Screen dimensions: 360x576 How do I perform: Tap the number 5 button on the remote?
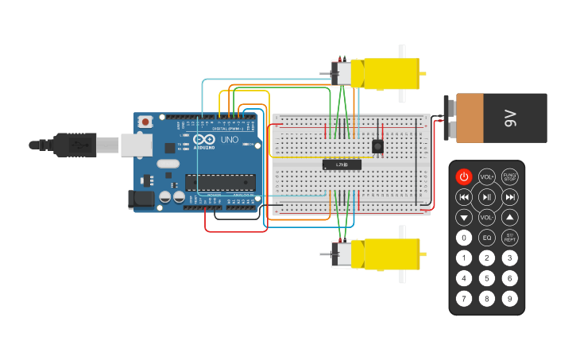point(487,278)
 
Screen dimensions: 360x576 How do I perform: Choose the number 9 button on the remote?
point(509,299)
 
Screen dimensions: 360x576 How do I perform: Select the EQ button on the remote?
point(487,237)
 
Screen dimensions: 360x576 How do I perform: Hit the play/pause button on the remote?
point(487,196)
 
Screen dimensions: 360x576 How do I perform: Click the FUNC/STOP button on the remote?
point(509,176)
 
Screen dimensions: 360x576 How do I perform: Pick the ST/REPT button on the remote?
point(509,237)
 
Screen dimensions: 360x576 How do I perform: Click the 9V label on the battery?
point(509,118)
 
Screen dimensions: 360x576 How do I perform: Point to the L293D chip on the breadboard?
point(342,165)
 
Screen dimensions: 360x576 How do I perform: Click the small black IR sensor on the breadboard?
point(377,145)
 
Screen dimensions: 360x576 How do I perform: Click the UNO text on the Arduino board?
point(229,140)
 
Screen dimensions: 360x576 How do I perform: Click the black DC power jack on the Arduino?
point(141,199)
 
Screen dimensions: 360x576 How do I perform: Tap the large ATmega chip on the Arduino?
point(226,182)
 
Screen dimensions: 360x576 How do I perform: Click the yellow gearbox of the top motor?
point(389,73)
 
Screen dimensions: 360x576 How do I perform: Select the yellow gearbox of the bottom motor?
point(389,254)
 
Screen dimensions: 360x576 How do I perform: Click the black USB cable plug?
point(76,145)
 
